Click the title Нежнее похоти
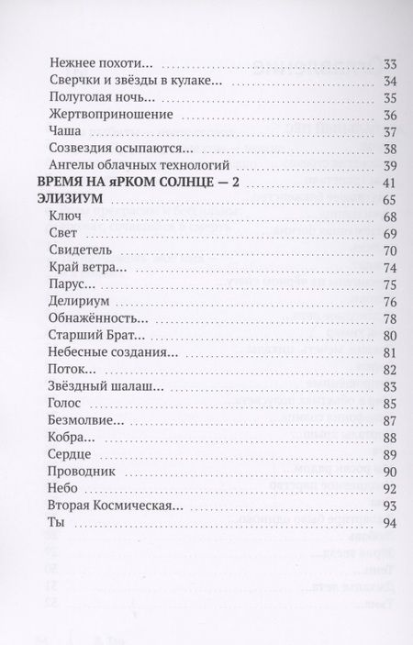click(x=95, y=64)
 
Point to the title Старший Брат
click(x=86, y=336)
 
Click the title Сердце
click(x=62, y=455)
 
